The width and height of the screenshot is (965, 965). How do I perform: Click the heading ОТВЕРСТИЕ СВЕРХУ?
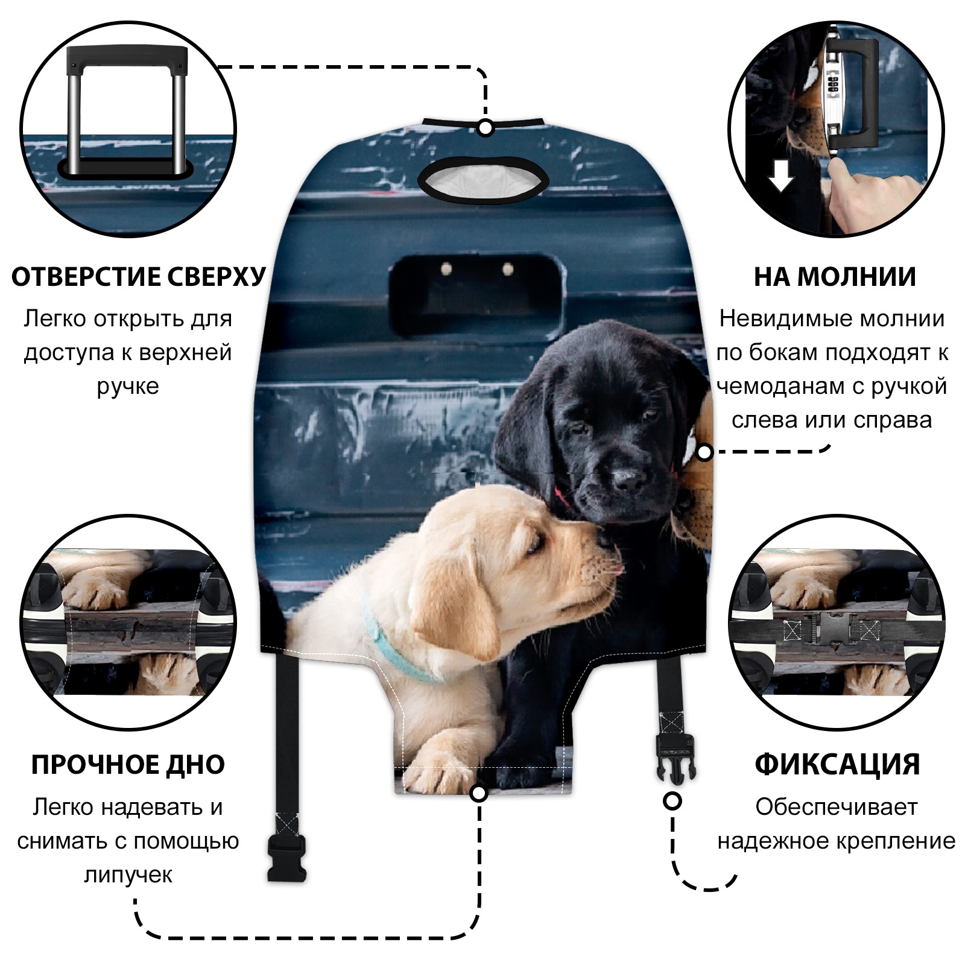click(x=138, y=276)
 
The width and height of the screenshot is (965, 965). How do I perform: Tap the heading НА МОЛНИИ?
click(x=835, y=276)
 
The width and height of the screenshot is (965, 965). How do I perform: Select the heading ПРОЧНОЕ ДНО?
click(x=128, y=764)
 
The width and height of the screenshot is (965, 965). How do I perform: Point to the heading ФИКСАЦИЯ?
click(x=837, y=764)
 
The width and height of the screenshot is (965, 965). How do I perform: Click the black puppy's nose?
click(x=627, y=480)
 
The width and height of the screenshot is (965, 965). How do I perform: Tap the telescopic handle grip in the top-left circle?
click(x=127, y=58)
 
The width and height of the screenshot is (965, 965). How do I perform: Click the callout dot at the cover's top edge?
click(x=486, y=128)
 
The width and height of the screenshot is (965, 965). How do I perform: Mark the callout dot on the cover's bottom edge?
click(x=479, y=793)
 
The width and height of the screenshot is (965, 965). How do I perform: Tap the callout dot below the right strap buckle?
click(x=672, y=802)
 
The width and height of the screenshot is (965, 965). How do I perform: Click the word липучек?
click(x=128, y=875)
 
